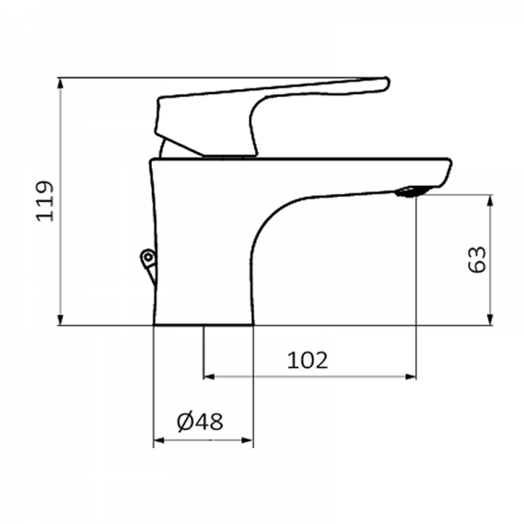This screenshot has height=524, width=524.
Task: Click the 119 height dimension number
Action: point(45,202)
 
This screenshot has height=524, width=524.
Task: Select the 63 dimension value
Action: point(477,259)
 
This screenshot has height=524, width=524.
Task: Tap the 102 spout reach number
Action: point(307,359)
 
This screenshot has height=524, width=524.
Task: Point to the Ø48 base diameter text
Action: point(200,422)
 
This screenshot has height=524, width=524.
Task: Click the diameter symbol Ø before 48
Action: point(185,422)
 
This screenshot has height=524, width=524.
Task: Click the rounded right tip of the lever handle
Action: point(382,84)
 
